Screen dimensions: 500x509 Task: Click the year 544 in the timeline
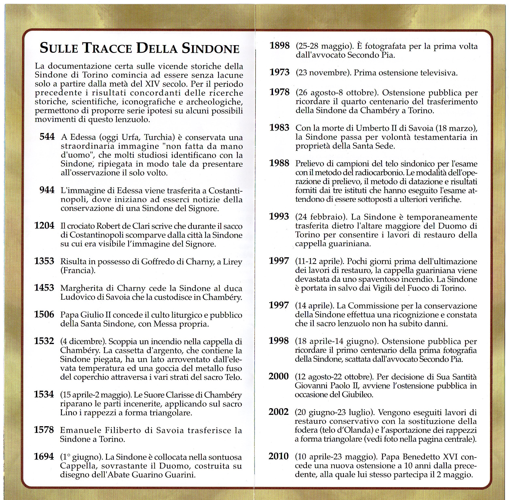[x=47, y=137]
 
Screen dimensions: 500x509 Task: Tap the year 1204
[x=44, y=226]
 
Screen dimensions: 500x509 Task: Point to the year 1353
[x=44, y=261]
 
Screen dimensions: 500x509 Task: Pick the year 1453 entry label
[x=44, y=288]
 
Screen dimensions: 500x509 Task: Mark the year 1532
[x=44, y=341]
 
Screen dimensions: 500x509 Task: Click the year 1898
[x=280, y=46]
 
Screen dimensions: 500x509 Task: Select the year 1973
[x=280, y=72]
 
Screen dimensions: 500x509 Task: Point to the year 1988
[x=279, y=163]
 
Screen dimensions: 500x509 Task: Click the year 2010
[x=279, y=456]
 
